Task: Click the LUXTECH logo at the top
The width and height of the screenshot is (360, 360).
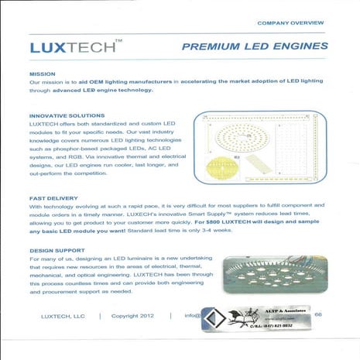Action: [74, 46]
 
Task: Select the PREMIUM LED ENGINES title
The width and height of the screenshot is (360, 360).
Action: [252, 47]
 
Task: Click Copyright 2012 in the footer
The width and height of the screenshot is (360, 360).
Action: [137, 316]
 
